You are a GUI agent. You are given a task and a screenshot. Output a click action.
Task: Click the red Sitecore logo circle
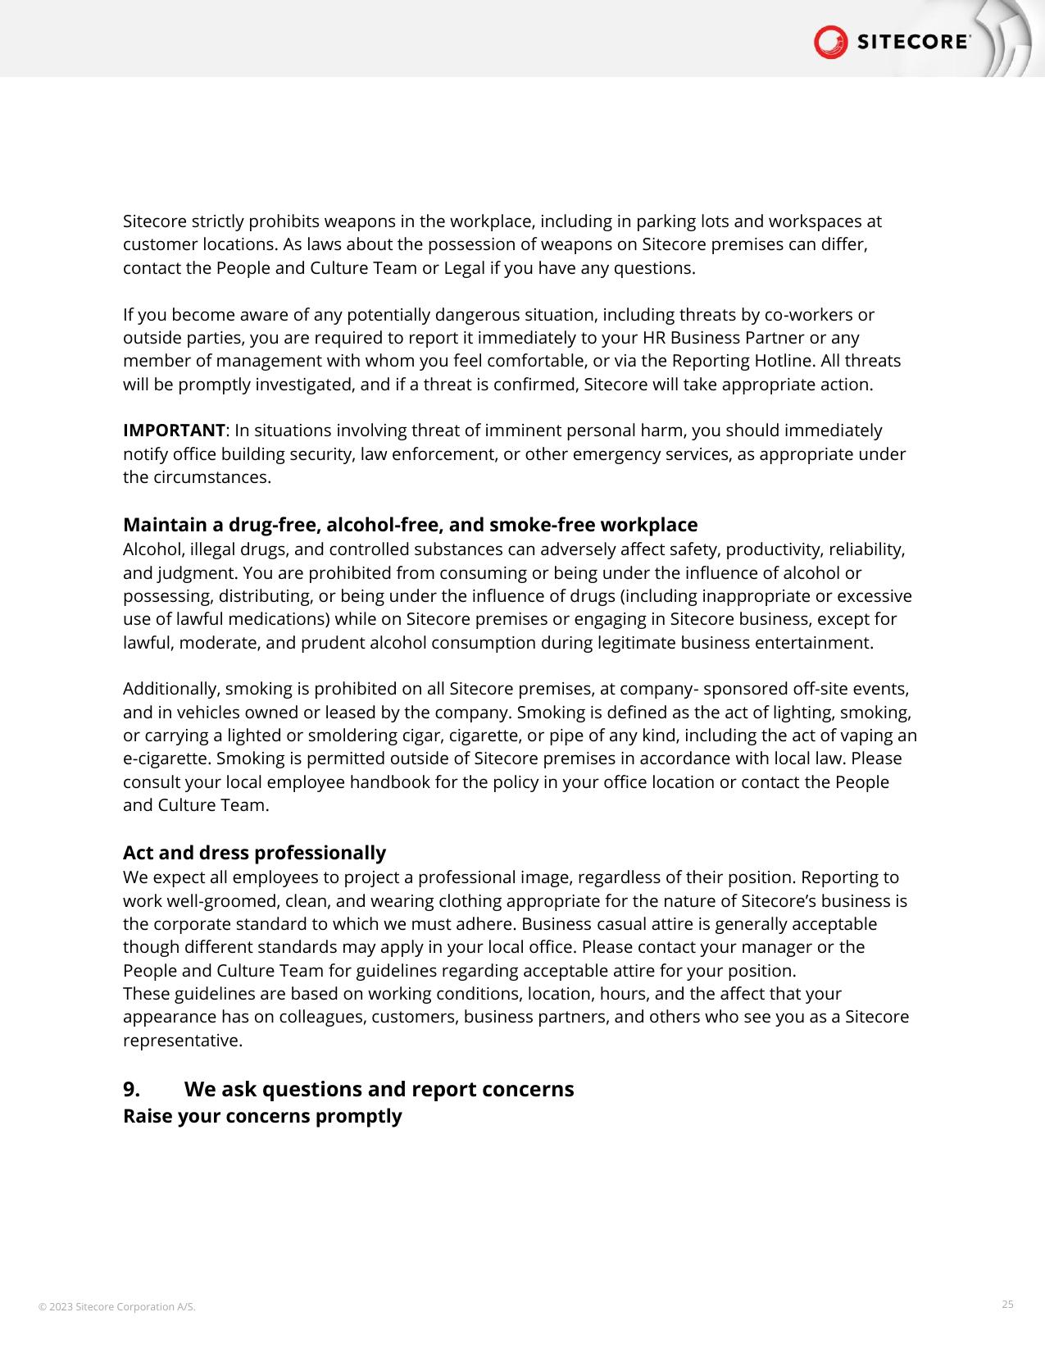pyautogui.click(x=830, y=42)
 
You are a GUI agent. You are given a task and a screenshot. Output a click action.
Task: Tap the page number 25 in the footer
pyautogui.click(x=1007, y=1304)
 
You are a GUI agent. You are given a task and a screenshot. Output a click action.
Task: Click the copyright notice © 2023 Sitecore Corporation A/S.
pyautogui.click(x=117, y=1306)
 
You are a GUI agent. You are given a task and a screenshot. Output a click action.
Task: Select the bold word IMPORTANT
pyautogui.click(x=174, y=430)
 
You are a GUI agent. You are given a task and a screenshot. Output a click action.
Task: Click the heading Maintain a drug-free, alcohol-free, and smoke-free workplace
pyautogui.click(x=410, y=525)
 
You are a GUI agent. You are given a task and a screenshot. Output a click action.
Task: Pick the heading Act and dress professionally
pyautogui.click(x=254, y=853)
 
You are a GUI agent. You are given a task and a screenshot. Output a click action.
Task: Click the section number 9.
pyautogui.click(x=131, y=1089)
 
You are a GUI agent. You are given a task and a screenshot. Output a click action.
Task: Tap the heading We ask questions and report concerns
pyautogui.click(x=379, y=1089)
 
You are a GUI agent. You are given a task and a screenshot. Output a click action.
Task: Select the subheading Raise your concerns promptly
pyautogui.click(x=262, y=1116)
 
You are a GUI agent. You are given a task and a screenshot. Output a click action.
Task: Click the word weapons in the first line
pyautogui.click(x=357, y=221)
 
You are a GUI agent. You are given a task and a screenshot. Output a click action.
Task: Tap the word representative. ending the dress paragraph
pyautogui.click(x=182, y=1041)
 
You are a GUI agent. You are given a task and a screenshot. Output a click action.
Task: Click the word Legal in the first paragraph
pyautogui.click(x=464, y=268)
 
